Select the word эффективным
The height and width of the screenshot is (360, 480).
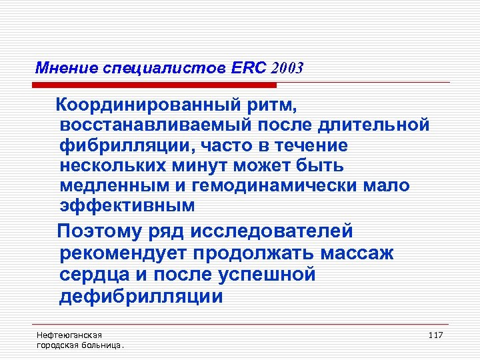coord(127,206)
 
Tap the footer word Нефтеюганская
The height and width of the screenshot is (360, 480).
coord(65,334)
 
